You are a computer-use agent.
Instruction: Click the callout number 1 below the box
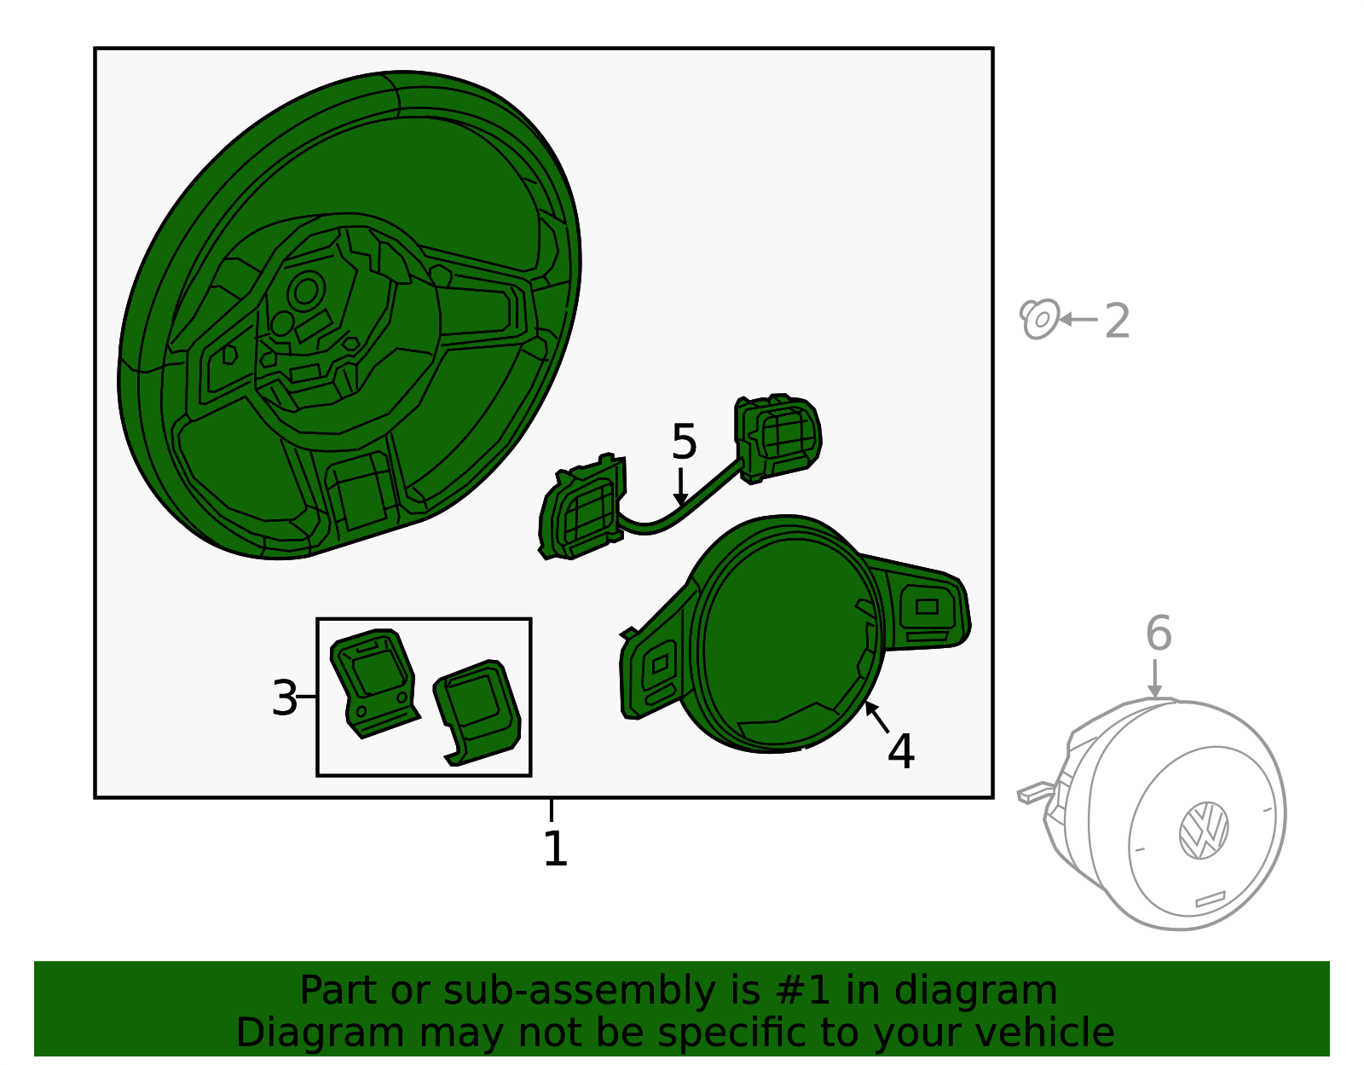pos(555,848)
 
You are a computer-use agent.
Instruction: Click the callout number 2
pos(1117,321)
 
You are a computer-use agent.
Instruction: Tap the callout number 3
pos(284,697)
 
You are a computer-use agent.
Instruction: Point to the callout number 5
pos(684,441)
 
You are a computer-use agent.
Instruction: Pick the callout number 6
pos(1158,633)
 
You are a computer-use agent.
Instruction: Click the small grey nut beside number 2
pos(1039,319)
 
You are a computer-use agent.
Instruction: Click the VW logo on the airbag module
pos(1204,830)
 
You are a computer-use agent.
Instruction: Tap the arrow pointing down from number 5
pos(680,486)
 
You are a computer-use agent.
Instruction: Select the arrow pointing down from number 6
pos(1154,679)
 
